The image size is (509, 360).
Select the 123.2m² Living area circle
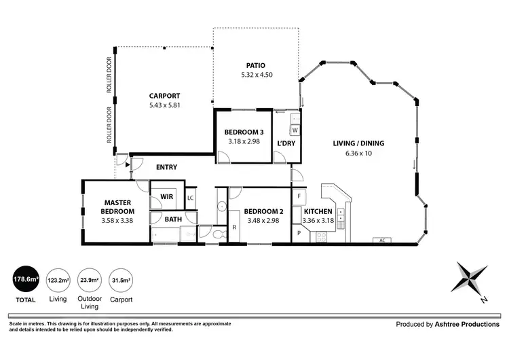coord(58,279)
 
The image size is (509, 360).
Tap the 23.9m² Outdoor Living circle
coord(90,279)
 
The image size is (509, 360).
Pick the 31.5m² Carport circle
coord(121,279)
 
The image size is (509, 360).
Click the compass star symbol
coord(470,277)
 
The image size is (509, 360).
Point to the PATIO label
coord(256,66)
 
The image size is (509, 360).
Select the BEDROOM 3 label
coord(243,133)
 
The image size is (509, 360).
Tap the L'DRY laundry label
coord(285,143)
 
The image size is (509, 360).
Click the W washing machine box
coord(295,129)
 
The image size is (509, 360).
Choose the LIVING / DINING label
coord(358,143)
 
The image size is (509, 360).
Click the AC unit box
coord(382,240)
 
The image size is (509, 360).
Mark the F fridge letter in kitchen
coord(299,196)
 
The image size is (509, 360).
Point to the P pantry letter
coord(299,234)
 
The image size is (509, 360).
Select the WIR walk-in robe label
coord(167,197)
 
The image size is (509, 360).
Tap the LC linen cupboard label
coord(191,198)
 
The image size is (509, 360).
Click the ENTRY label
coord(166,167)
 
